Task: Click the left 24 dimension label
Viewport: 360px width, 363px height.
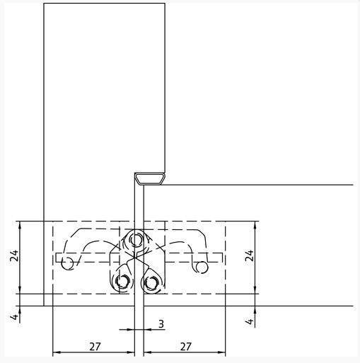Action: tap(14, 255)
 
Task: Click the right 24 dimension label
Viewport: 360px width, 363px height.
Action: tap(250, 255)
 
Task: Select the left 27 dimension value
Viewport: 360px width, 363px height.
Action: tap(95, 347)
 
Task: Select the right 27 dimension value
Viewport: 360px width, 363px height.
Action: tap(186, 347)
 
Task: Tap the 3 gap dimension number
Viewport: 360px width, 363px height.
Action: tap(161, 324)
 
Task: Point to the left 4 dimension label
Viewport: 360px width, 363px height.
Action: tap(14, 317)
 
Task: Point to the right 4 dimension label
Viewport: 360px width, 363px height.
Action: tap(250, 321)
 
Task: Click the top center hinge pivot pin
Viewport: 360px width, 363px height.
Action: tap(136, 240)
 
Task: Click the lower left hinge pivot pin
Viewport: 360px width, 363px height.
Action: tap(122, 281)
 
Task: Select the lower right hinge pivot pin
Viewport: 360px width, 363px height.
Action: tap(151, 282)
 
